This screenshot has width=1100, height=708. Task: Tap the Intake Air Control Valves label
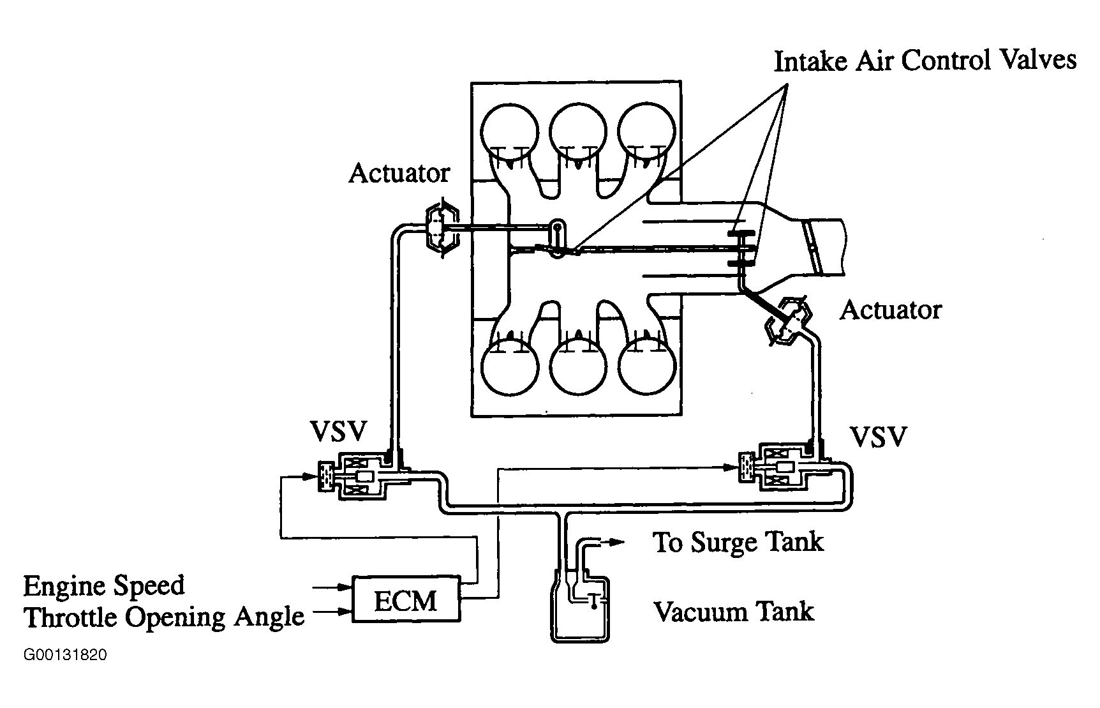point(925,61)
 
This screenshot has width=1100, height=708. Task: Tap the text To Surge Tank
point(738,543)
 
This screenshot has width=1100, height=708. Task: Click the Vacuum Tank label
point(734,612)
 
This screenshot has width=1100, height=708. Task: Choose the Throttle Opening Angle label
point(164,617)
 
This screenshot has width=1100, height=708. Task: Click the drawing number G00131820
point(65,656)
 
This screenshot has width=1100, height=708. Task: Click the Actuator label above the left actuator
point(399,173)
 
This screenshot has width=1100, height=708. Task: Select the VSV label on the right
point(879,438)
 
